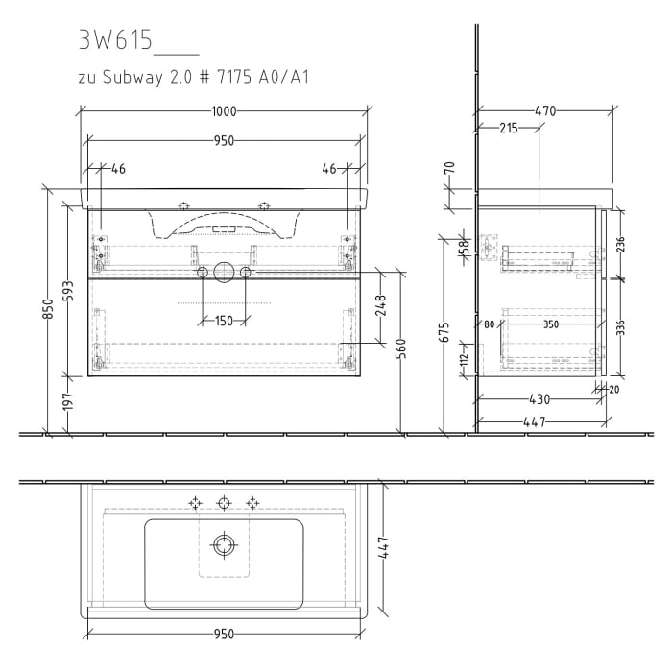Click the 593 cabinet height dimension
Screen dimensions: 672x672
68,290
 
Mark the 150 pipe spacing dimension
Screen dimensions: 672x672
224,321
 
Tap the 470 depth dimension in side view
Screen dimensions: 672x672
544,111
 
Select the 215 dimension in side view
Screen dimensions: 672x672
508,128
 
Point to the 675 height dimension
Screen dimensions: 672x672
443,331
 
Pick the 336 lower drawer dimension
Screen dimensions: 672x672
620,327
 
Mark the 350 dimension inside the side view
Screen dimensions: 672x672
550,324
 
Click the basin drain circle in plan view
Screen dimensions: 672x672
224,545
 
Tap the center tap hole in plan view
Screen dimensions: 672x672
224,502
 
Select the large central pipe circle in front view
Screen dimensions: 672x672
224,273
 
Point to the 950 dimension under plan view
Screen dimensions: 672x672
224,635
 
